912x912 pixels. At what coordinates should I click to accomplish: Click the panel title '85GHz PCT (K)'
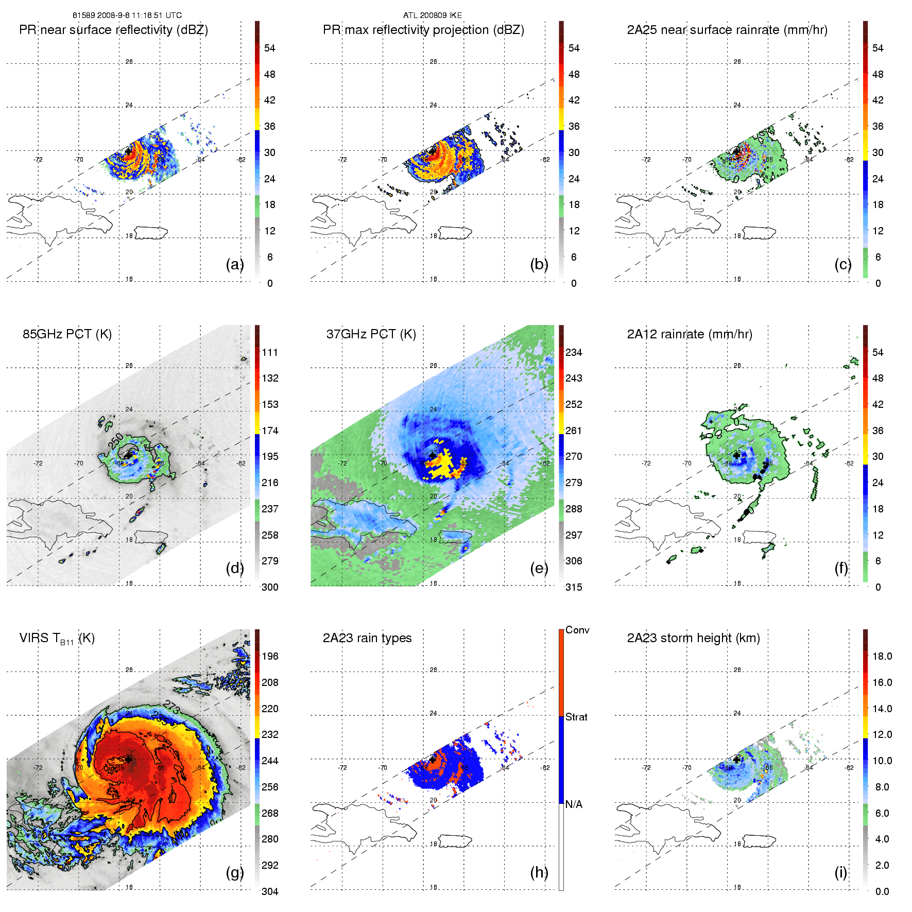(x=67, y=334)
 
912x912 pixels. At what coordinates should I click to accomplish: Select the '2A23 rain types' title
(x=367, y=638)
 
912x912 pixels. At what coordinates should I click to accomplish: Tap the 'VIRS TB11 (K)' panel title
(x=57, y=639)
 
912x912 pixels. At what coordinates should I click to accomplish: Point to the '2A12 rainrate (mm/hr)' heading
(x=689, y=334)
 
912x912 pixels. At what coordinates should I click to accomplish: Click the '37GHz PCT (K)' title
(x=371, y=334)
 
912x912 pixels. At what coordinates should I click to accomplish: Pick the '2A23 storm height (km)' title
(x=693, y=638)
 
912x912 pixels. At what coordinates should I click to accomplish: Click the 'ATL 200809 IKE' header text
(x=433, y=15)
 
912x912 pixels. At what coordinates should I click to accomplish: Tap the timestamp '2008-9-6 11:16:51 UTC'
(x=139, y=15)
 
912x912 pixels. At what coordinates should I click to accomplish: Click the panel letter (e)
(x=539, y=568)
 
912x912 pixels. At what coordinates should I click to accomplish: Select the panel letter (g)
(x=234, y=872)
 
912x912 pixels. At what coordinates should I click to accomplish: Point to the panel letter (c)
(x=842, y=264)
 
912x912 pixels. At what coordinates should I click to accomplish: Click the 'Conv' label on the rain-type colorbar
(x=577, y=630)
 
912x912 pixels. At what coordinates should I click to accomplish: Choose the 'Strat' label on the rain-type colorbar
(x=576, y=717)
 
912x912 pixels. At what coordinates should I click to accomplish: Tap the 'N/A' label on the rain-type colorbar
(x=574, y=804)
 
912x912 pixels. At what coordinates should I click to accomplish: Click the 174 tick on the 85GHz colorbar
(x=270, y=431)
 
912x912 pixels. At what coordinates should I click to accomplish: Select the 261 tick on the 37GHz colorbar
(x=574, y=431)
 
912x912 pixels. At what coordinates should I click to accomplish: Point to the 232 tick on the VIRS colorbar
(x=270, y=734)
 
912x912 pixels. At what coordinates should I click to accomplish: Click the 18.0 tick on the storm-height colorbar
(x=882, y=656)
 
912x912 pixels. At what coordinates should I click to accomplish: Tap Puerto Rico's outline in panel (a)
(x=151, y=233)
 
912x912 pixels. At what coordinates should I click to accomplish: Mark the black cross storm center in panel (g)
(x=128, y=759)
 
